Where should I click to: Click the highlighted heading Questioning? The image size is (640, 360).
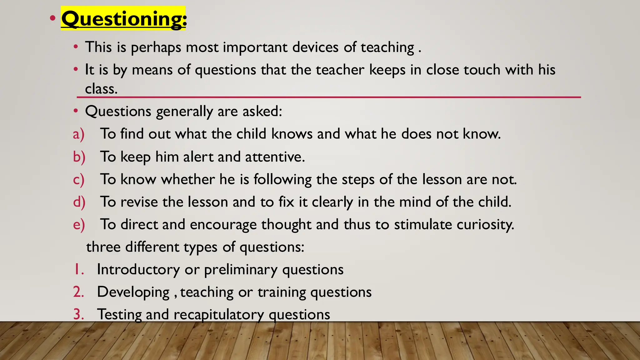point(123,19)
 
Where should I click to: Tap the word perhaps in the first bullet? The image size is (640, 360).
point(156,48)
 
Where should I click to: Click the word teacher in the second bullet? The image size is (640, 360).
point(340,70)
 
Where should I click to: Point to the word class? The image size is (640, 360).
point(101,89)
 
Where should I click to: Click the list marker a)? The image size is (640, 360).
point(79,134)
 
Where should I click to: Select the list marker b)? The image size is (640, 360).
point(79,157)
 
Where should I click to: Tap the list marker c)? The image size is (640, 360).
point(79,180)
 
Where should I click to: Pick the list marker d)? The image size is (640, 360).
point(79,202)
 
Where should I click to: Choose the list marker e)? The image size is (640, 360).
point(79,225)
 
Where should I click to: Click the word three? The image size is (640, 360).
point(103,247)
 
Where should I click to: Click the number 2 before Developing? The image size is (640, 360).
point(78,292)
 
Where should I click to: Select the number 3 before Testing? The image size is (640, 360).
point(78,314)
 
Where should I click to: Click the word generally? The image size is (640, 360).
point(184,112)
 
